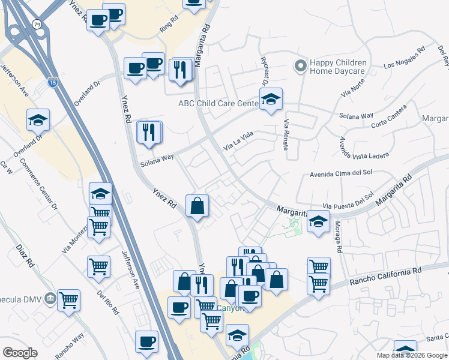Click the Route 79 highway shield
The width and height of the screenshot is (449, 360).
(x=38, y=25)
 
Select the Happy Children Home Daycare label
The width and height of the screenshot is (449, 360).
(x=337, y=67)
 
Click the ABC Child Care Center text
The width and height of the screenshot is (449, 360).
(x=218, y=103)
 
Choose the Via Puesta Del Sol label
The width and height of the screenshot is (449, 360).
(x=348, y=200)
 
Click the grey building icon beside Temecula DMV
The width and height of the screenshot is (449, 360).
(x=50, y=298)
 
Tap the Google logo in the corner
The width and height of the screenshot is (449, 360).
(x=20, y=353)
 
